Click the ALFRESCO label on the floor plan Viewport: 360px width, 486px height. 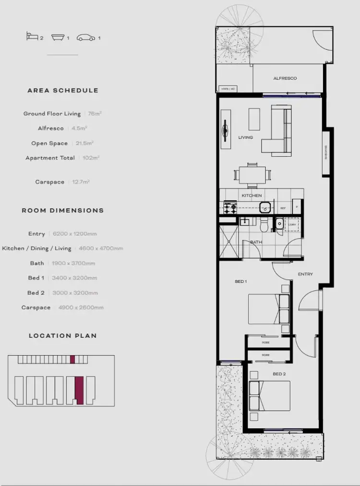[285, 78]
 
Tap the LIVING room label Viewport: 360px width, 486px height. [245, 138]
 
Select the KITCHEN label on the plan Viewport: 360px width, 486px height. [252, 196]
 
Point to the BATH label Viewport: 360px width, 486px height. [256, 242]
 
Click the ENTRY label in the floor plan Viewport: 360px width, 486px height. [305, 274]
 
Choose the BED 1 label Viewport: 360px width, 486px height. [240, 282]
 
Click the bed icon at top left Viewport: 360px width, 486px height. [32, 37]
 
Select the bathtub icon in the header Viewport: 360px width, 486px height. [58, 37]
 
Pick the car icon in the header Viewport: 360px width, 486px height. [87, 37]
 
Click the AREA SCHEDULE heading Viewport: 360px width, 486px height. [63, 90]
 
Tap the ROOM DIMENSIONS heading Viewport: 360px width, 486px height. [63, 210]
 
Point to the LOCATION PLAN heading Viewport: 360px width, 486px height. [63, 336]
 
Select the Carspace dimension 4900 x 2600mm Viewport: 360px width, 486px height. [81, 308]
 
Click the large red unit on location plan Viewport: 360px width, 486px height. [80, 390]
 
